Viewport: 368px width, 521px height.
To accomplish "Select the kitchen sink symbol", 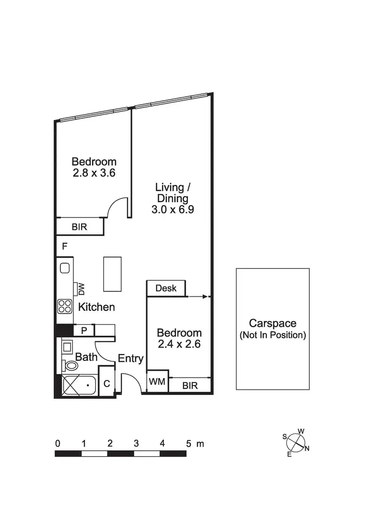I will coord(65,268).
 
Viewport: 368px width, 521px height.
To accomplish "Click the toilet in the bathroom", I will coord(71,365).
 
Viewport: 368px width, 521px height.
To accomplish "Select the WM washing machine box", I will coord(158,381).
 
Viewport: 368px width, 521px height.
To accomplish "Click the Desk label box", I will coord(166,289).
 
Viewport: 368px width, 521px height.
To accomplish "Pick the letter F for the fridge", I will coord(64,247).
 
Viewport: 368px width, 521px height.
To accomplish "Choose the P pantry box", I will coord(84,330).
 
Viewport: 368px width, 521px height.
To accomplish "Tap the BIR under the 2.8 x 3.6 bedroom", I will coord(80,227).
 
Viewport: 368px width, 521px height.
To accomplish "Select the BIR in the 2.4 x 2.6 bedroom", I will coord(190,385).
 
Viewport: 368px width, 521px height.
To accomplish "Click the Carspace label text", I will coord(272,324).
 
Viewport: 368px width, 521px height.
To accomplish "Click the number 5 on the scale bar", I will coord(188,443).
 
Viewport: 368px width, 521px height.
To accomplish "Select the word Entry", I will coord(131,358).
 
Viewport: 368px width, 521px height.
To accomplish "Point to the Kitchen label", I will coord(97,307).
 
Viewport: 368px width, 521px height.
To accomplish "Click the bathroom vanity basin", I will coord(67,347).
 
